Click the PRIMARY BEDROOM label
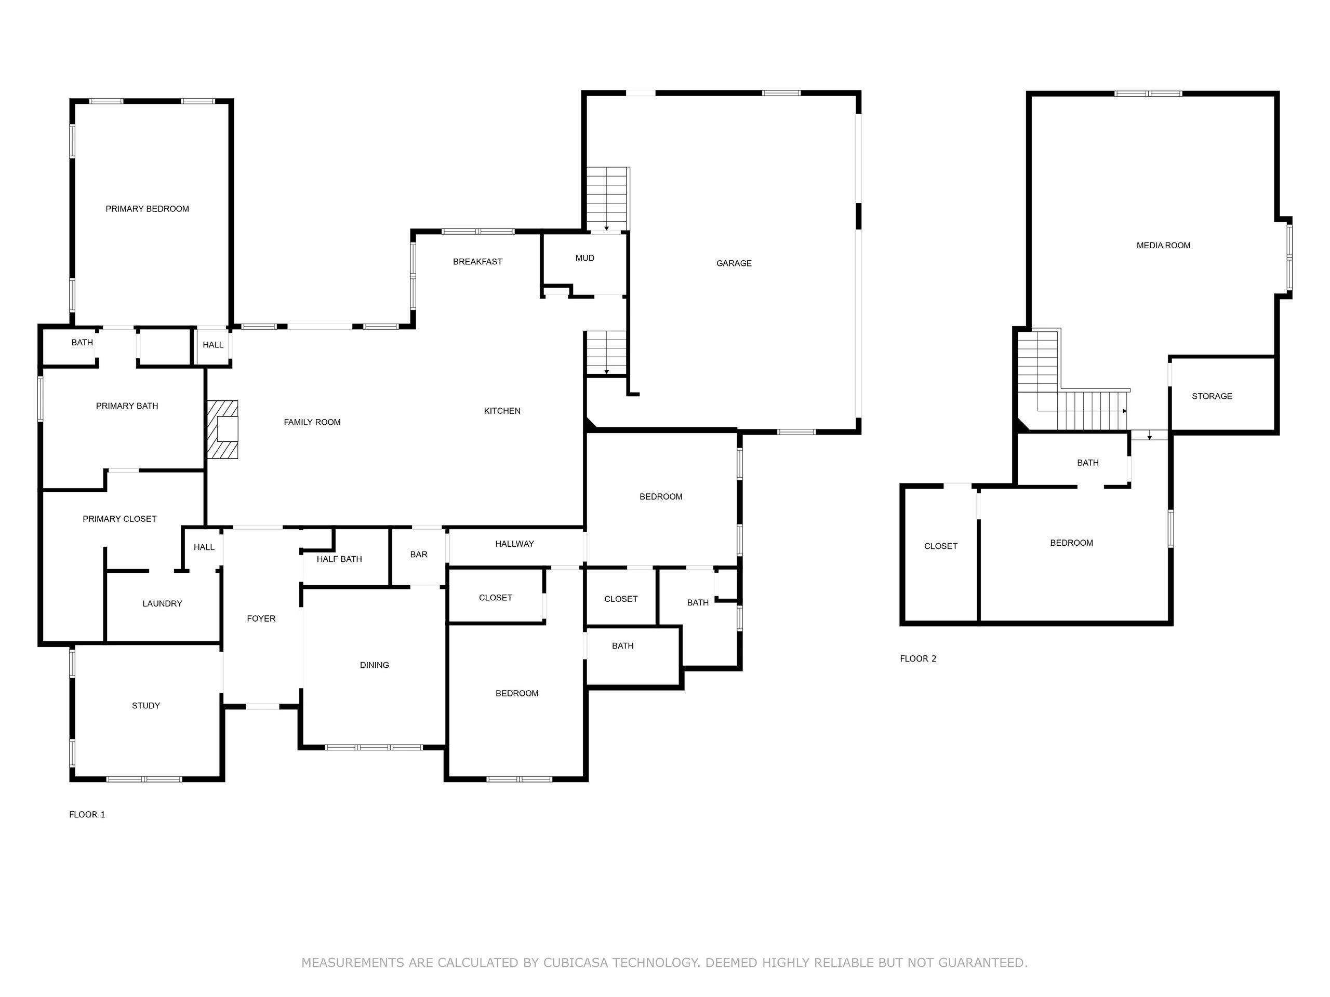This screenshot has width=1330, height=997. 148,209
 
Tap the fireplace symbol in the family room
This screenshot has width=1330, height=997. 222,429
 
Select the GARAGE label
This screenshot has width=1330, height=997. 734,263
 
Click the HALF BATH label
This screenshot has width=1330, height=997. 340,559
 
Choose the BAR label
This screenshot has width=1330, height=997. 419,555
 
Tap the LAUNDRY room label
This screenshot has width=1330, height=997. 162,604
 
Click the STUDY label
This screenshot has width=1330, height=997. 146,706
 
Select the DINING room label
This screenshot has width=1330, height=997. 375,665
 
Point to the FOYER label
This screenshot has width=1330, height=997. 261,619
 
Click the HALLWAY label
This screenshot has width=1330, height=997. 515,544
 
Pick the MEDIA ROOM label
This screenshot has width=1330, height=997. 1163,246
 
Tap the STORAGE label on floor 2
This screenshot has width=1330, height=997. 1212,397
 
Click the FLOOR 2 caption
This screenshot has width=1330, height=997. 918,658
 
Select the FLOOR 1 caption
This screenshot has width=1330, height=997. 87,815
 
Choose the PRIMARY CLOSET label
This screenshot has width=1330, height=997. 119,519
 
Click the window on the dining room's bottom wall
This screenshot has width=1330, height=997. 374,748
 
